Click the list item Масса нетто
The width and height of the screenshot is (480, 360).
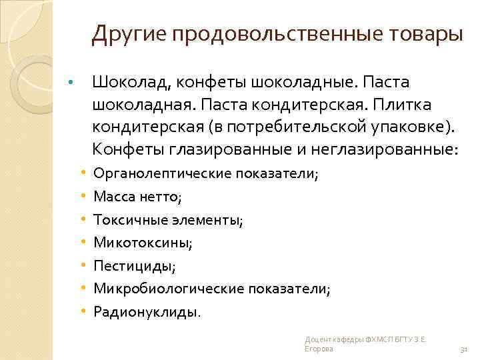[137, 197]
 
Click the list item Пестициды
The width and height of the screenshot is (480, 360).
[135, 265]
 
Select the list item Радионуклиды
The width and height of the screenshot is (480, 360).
[146, 311]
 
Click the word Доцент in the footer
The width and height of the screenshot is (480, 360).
[315, 339]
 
